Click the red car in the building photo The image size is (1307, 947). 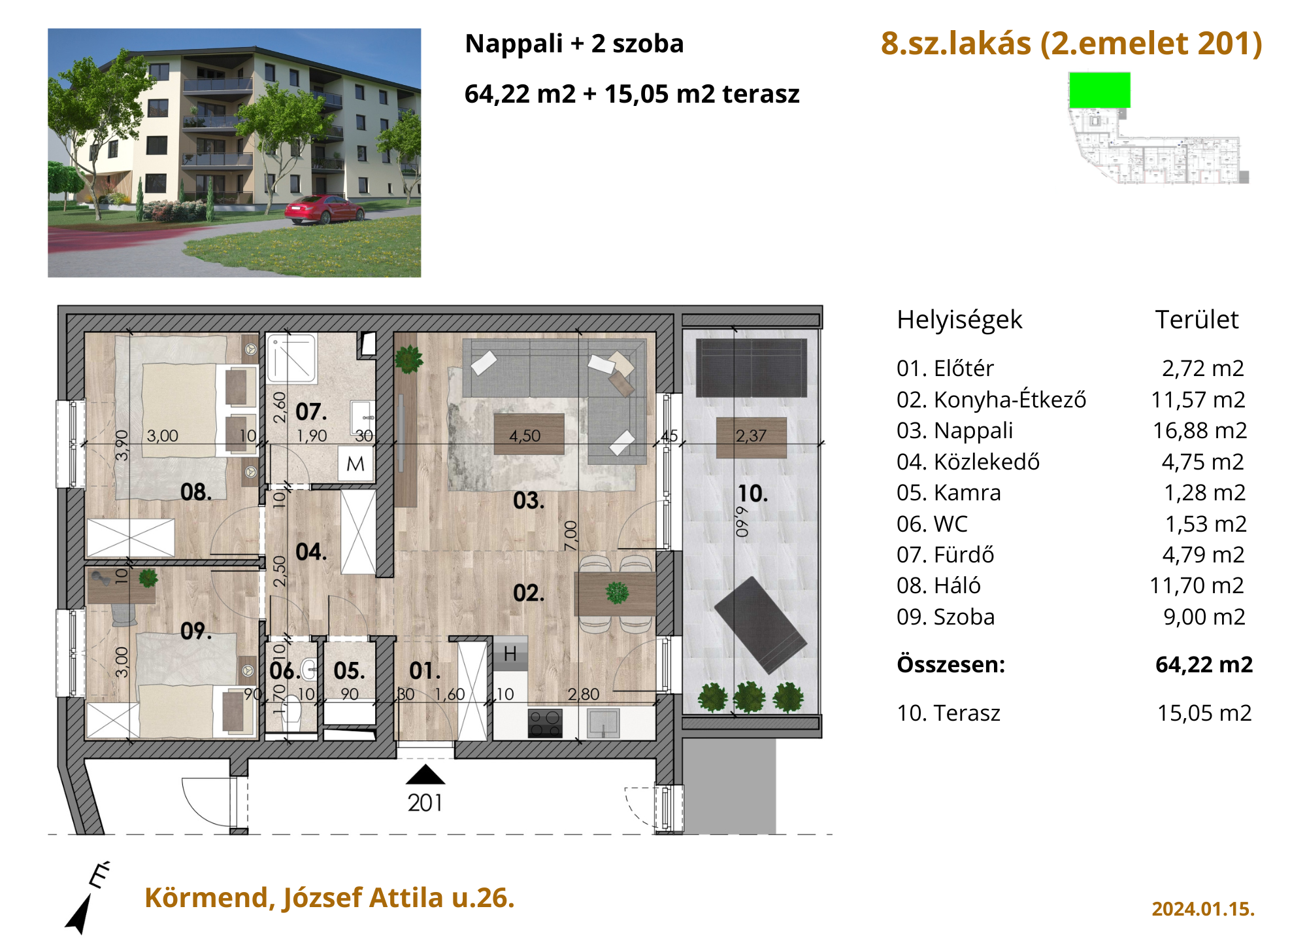(324, 209)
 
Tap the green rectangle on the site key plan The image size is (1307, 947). (1099, 90)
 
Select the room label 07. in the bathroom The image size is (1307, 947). (311, 412)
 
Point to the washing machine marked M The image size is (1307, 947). (356, 464)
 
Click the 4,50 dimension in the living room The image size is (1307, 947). (525, 436)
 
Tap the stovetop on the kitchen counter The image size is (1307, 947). (545, 723)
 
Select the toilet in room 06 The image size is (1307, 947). (291, 713)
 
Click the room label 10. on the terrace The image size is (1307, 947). (753, 494)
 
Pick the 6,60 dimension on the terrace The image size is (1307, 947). (742, 522)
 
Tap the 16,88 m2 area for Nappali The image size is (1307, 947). (1199, 430)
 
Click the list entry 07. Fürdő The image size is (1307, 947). (945, 555)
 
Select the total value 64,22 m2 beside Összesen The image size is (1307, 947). (1204, 664)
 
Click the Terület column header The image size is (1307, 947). (1197, 320)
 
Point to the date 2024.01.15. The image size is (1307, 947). (1202, 909)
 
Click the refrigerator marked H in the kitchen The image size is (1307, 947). (510, 653)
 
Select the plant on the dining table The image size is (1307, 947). (617, 593)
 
